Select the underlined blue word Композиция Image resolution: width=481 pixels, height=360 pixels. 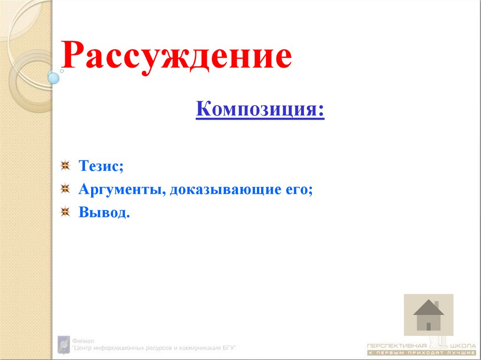pos(259,110)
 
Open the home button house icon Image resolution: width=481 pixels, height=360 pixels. pos(428,314)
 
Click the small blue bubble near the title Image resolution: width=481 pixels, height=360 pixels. pos(54,78)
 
